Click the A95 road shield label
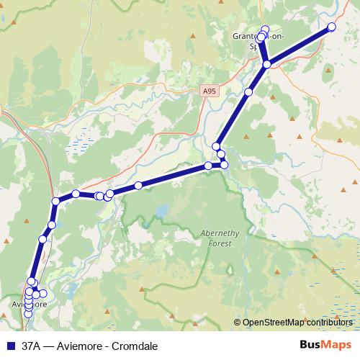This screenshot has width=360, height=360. [208, 91]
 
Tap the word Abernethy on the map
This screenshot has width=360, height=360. [216, 235]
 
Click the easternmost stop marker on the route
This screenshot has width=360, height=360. [332, 27]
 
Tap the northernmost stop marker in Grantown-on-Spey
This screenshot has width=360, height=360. [265, 30]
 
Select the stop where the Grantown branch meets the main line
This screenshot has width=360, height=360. [266, 65]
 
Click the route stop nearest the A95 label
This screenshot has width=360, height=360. [248, 92]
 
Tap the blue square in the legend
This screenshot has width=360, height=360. [10, 344]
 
